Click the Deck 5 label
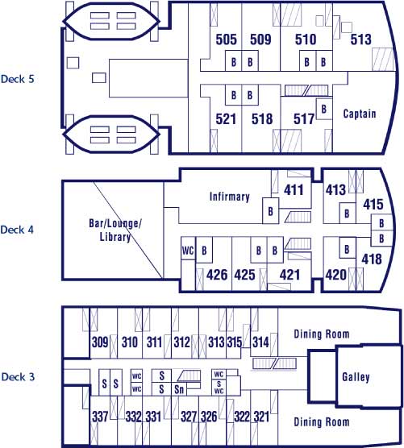(18, 79)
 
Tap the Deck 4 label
(17, 230)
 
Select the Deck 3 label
(18, 376)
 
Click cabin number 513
(360, 39)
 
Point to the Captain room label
(360, 114)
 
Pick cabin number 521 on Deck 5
(226, 119)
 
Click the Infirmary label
(230, 197)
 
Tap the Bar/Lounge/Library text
(115, 230)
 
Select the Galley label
(356, 377)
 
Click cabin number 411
(294, 189)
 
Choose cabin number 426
(217, 275)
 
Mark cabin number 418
(372, 259)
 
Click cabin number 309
(100, 342)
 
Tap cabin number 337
(100, 417)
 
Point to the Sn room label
(179, 389)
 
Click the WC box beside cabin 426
(188, 251)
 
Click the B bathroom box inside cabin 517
(324, 109)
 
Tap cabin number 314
(260, 342)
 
